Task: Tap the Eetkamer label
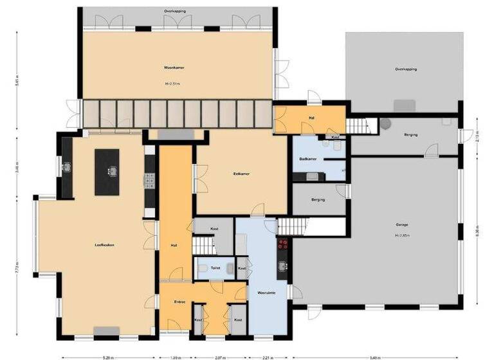pos(241,174)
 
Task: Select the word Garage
pos(402,224)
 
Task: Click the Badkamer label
pos(307,158)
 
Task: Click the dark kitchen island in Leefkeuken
pos(107,172)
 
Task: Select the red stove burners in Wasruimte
pos(282,244)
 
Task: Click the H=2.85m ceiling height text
pos(403,235)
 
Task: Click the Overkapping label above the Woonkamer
pos(174,11)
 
